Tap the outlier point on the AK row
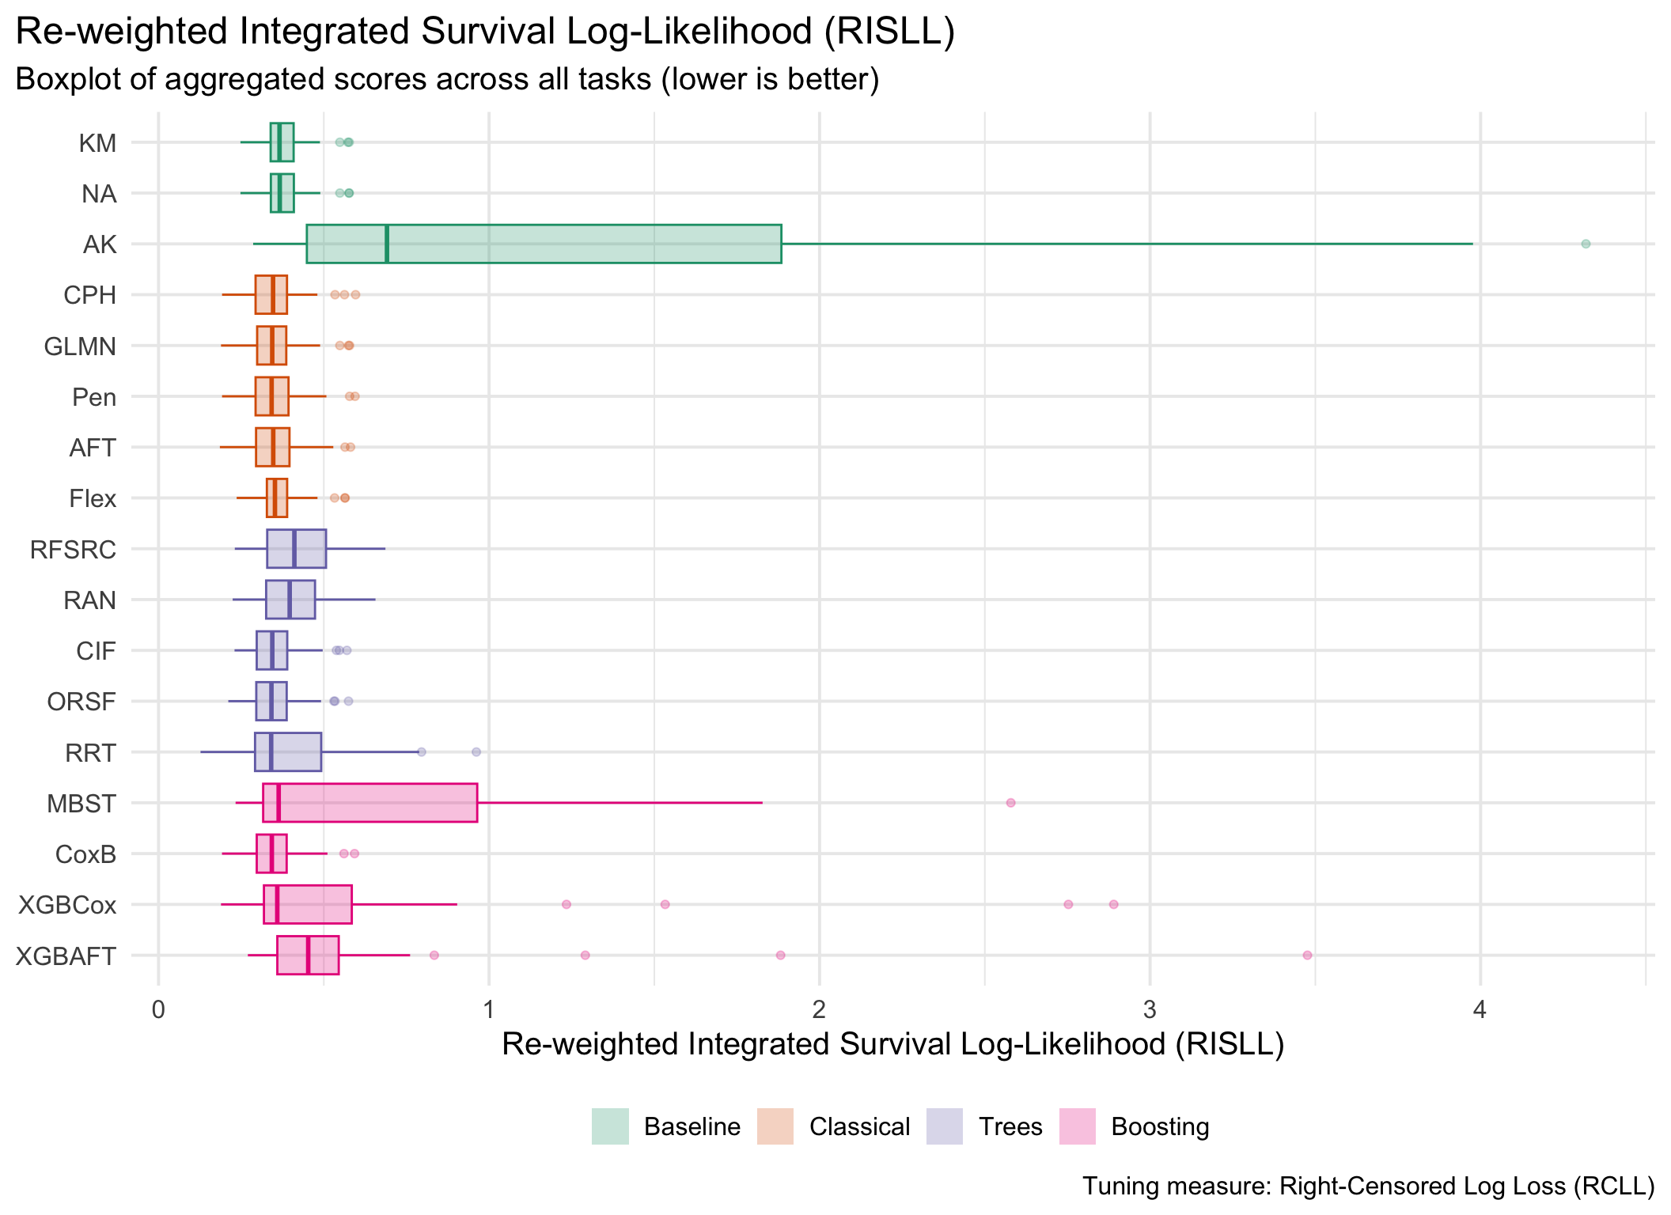pos(1585,244)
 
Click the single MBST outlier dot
pos(1010,803)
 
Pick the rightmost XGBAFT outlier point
pos(1307,956)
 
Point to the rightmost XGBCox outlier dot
pos(1113,904)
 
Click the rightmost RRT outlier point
pos(476,752)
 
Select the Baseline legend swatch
pos(610,1126)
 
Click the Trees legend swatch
pos(945,1126)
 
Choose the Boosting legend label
pos(1160,1126)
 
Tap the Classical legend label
pos(859,1126)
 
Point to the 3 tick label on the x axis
pos(1150,1010)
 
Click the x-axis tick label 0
pos(159,1010)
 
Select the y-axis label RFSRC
pos(74,549)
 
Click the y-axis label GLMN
pos(80,346)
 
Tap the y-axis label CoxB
pos(86,854)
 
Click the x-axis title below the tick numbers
pos(892,1045)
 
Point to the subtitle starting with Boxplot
pos(447,80)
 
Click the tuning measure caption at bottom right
pos(1368,1186)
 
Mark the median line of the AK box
pos(386,244)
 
